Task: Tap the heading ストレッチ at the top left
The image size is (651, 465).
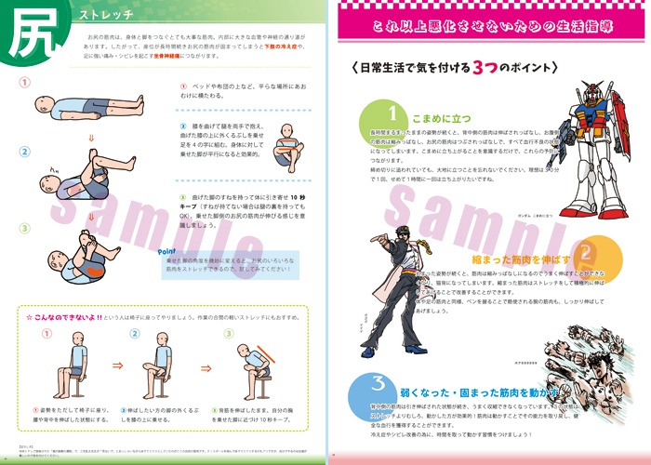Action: click(107, 16)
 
